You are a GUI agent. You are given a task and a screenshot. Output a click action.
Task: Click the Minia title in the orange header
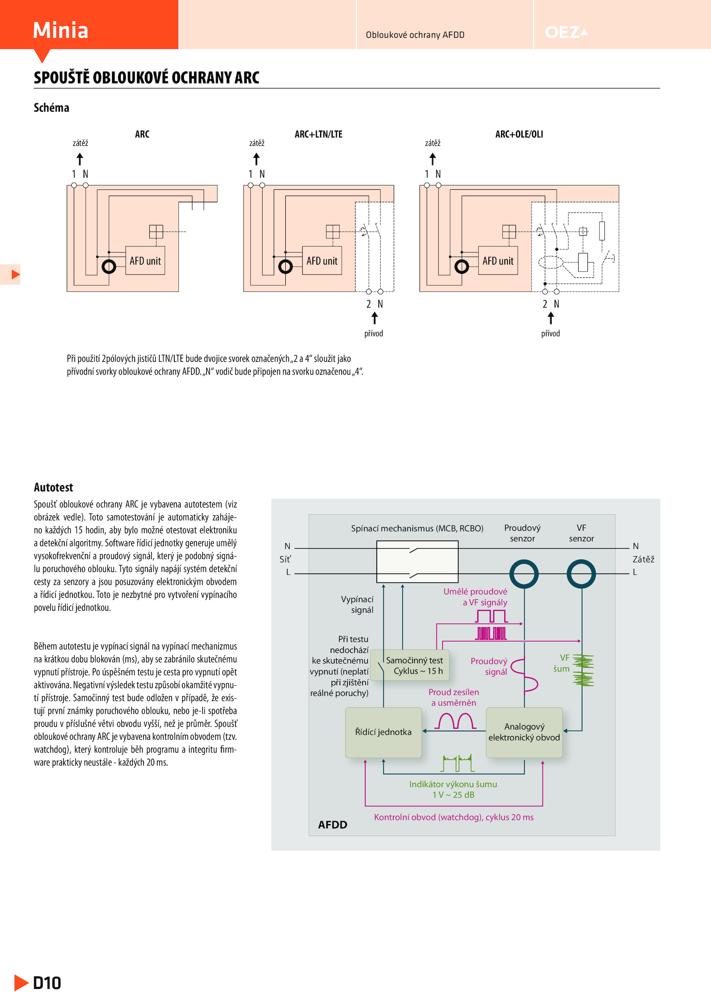[60, 30]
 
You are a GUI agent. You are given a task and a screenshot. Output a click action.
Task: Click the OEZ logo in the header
[566, 32]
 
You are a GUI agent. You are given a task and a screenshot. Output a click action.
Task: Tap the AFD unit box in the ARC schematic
[145, 261]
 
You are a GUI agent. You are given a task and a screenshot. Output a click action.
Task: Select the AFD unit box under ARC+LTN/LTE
[322, 261]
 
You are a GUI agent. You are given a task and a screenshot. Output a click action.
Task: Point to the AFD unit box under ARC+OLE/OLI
[498, 261]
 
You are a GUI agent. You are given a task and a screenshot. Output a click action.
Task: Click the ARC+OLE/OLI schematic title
[519, 134]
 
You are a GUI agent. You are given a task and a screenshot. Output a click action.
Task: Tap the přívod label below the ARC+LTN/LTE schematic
[374, 333]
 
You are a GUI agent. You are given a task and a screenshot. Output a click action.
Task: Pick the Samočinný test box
[410, 665]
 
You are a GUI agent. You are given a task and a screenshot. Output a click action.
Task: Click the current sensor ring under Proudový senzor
[524, 573]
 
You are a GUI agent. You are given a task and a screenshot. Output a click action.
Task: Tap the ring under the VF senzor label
[581, 573]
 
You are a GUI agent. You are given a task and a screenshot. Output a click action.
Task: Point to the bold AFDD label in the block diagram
[333, 825]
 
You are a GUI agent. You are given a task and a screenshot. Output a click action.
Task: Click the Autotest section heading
[53, 487]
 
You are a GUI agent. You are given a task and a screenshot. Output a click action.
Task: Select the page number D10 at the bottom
[47, 983]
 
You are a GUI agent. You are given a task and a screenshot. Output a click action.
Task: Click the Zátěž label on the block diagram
[643, 559]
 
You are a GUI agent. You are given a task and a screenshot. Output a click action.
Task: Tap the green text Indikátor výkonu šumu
[453, 784]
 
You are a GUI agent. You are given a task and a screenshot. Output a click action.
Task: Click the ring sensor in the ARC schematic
[109, 267]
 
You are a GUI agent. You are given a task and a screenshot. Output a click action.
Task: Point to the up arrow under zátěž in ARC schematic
[80, 159]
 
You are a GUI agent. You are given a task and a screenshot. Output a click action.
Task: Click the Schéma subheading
[52, 108]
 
